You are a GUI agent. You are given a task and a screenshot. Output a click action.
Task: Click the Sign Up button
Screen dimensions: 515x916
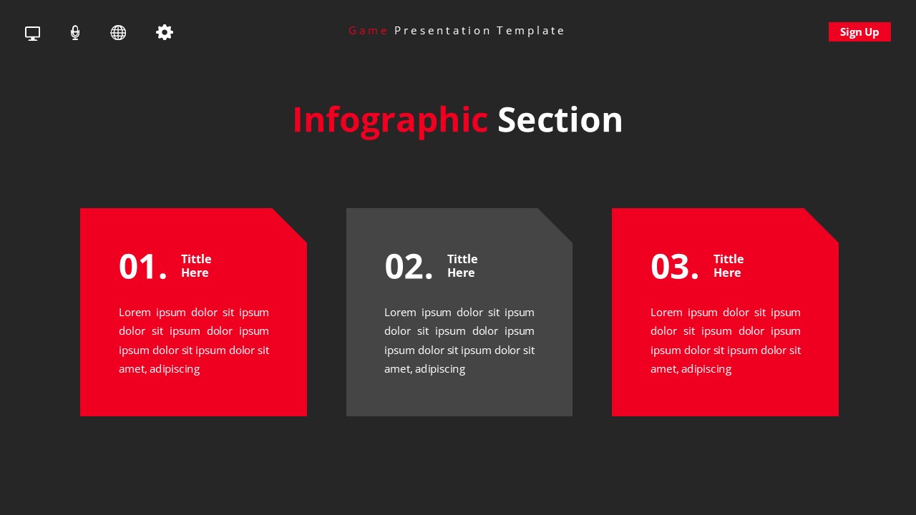pos(859,31)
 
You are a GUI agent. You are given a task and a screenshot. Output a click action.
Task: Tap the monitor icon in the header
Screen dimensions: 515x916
pos(32,33)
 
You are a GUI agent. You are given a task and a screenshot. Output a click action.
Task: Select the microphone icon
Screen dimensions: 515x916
pos(75,33)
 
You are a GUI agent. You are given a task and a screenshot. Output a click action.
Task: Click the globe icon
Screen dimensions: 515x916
pos(118,33)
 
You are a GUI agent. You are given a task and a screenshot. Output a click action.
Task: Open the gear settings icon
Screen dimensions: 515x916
pos(165,32)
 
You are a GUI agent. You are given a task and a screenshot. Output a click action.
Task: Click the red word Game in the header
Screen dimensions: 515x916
pos(368,31)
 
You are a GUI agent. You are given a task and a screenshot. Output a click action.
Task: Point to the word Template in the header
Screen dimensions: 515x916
pos(530,31)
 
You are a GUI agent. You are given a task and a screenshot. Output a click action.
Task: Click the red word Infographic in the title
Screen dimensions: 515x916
pos(390,120)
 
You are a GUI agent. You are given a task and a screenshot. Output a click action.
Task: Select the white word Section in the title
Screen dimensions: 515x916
pos(560,120)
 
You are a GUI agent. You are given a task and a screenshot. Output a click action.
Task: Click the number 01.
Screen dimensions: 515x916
pos(142,267)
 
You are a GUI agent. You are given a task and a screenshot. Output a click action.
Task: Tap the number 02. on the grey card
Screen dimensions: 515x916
pos(409,267)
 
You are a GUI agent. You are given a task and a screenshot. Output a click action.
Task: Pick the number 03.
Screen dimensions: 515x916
pos(674,267)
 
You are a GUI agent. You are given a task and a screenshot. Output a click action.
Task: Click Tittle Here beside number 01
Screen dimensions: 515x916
pos(195,265)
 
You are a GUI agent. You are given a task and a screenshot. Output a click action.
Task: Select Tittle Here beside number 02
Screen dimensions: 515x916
pos(462,265)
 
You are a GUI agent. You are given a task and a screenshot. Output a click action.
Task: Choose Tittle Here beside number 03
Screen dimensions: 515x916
pos(728,265)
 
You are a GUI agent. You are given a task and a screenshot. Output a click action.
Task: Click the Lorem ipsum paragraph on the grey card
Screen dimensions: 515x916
pos(459,340)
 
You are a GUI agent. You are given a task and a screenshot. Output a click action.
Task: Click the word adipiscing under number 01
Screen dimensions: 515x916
pos(175,369)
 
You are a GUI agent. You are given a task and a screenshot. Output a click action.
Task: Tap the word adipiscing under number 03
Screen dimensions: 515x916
pos(706,369)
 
